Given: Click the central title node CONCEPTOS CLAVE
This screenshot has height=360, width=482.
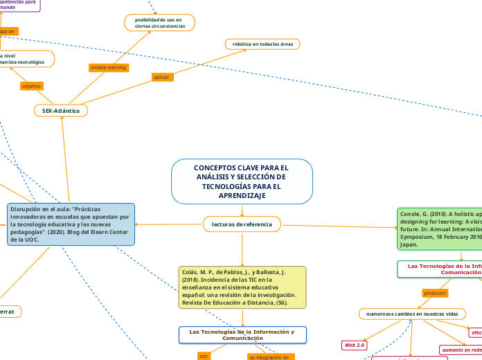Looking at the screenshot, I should click(x=242, y=181).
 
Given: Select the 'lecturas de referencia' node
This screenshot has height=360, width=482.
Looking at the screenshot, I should click(x=242, y=224).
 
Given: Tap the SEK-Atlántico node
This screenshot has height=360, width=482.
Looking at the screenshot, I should click(x=61, y=110).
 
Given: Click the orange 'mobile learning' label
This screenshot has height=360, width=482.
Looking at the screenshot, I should click(x=108, y=68).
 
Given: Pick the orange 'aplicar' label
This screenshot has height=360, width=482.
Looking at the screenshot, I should click(x=161, y=77).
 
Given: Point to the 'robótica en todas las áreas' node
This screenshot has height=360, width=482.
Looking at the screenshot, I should click(x=262, y=44).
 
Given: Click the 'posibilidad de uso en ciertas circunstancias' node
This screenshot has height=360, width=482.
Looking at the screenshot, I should click(x=159, y=23).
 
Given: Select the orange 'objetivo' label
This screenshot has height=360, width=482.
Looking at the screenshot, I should click(x=32, y=86).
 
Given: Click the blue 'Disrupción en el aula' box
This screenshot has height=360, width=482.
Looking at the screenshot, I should click(x=71, y=224).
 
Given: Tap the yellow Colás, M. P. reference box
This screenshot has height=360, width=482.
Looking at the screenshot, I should click(x=242, y=287).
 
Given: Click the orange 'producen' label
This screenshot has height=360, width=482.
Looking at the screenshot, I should click(x=435, y=293).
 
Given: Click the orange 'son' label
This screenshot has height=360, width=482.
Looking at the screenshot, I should click(x=204, y=356).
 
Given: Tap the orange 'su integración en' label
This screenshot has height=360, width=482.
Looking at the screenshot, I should click(x=271, y=357).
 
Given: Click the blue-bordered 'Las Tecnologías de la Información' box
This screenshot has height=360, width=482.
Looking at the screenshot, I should click(x=242, y=334).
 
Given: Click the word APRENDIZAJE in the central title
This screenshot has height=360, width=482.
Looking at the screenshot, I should click(x=242, y=196).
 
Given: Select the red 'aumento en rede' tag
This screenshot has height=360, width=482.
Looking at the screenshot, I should click(x=461, y=350).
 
